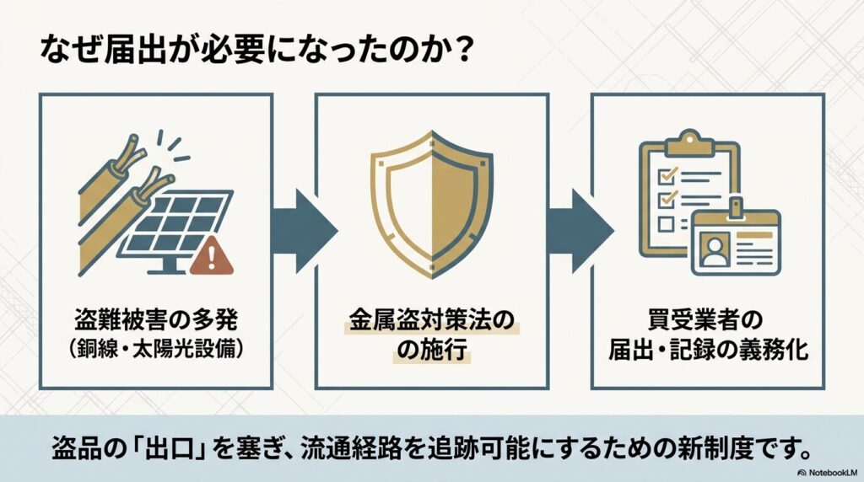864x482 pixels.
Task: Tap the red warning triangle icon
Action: coord(212,257)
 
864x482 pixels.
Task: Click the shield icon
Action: coord(432,204)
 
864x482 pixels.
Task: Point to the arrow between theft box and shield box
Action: coord(304,231)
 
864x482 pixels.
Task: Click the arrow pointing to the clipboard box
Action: coord(580,231)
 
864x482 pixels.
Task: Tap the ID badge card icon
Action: coord(736,241)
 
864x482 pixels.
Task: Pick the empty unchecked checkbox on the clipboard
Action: coord(666,223)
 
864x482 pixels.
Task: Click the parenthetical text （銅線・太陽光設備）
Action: coord(156,349)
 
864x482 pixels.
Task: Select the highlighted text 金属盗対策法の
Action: coord(431,321)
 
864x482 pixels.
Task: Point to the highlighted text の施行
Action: coord(432,350)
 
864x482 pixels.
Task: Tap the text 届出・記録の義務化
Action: coord(708,350)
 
